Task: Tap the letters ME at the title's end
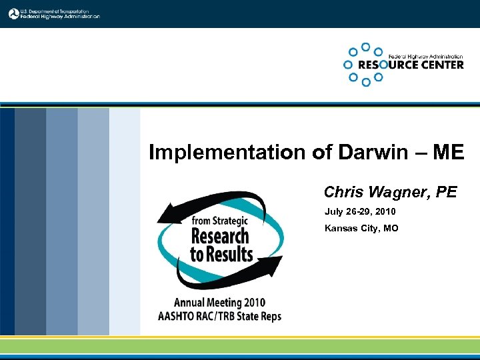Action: tap(447, 153)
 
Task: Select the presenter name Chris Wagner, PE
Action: tap(390, 193)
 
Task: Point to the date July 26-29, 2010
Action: tap(360, 212)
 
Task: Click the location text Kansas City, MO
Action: tap(361, 229)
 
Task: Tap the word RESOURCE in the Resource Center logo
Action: tap(386, 65)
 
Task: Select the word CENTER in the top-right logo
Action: tap(441, 65)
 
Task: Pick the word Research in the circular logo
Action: tap(219, 236)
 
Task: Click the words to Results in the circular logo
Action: tap(221, 254)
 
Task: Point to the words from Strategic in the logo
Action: tap(220, 221)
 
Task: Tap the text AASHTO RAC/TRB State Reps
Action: tap(219, 316)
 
